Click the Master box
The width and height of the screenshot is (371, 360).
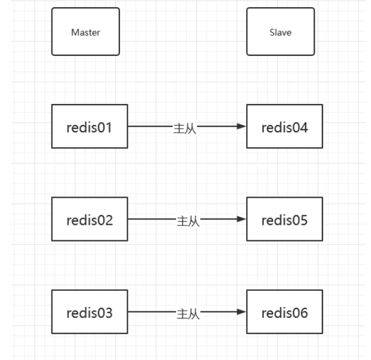85,31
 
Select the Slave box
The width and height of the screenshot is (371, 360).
280,31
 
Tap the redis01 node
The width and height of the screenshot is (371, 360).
89,126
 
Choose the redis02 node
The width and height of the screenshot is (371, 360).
89,219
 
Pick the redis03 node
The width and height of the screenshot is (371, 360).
89,312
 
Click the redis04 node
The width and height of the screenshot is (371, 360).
285,126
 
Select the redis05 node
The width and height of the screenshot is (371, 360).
285,219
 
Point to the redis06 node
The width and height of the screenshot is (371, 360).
285,312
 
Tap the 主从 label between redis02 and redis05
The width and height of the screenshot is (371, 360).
187,221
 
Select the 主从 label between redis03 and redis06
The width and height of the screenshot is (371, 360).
187,313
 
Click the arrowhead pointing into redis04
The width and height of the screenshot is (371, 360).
241,126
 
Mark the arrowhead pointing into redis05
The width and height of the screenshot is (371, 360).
241,219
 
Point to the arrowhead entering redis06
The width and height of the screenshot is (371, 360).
241,312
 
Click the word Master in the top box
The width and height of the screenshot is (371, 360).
85,32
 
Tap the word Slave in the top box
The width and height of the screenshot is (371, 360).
280,32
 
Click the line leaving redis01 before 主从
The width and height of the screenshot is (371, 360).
150,126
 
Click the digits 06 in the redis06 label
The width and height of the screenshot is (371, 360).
300,313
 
